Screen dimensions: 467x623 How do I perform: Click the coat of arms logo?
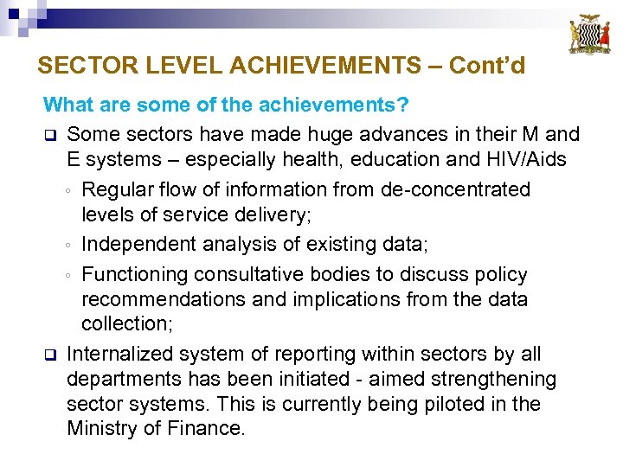[588, 35]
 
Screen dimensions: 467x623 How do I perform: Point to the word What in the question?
[69, 106]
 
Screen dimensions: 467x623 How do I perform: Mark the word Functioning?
[135, 274]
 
